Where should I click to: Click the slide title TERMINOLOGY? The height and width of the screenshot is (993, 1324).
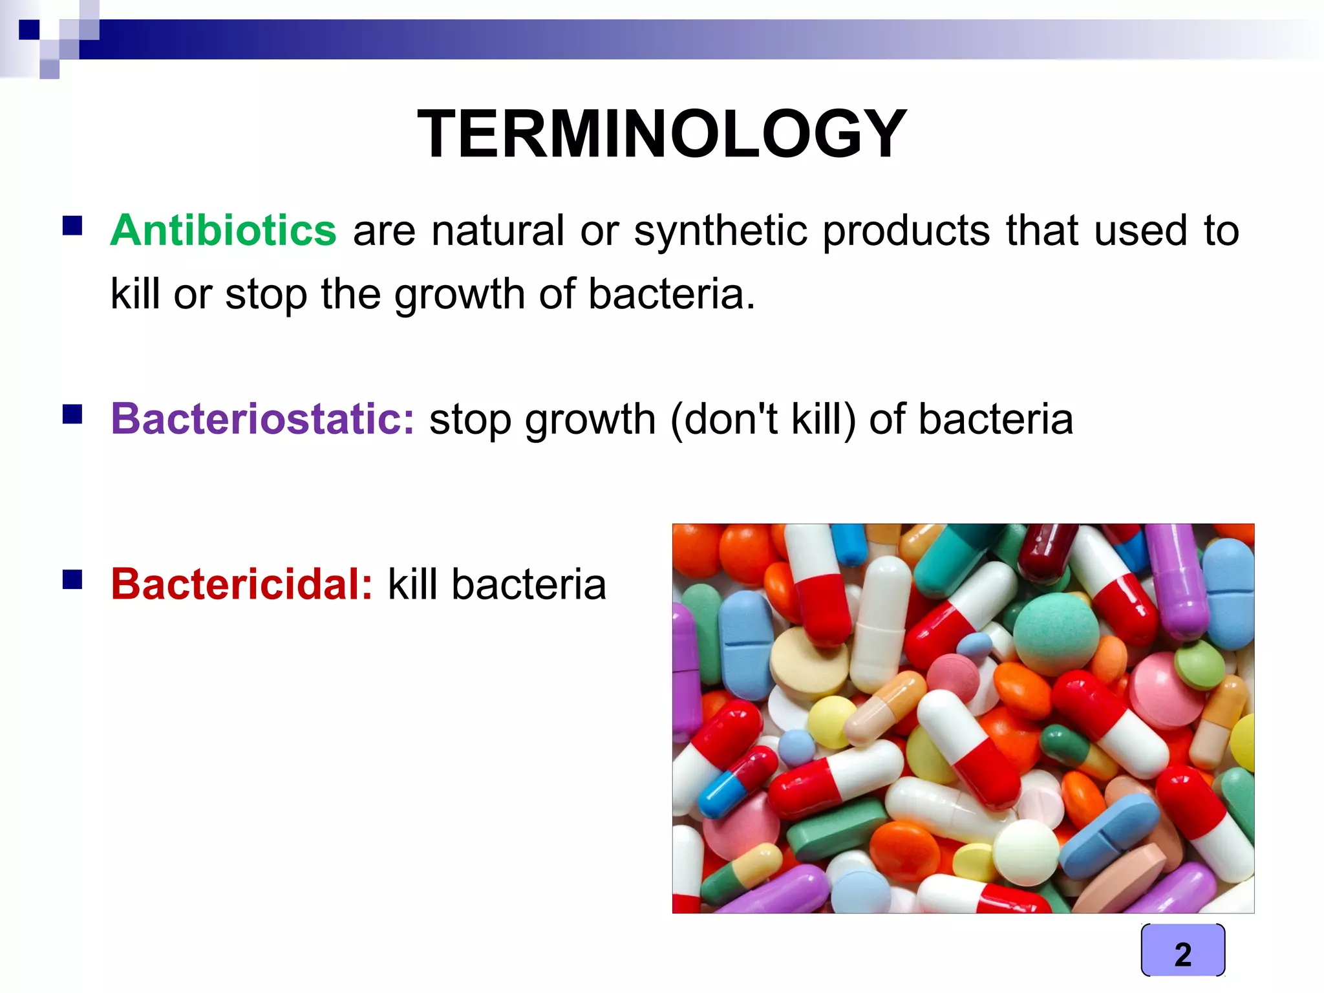coord(662,134)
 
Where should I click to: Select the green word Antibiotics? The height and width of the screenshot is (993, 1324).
coord(224,230)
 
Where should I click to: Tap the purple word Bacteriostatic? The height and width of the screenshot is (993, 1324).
coord(262,419)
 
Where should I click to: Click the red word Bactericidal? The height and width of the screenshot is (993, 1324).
coord(241,584)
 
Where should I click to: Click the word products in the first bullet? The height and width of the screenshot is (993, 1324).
coord(906,231)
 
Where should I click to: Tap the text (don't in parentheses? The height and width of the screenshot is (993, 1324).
coord(724,419)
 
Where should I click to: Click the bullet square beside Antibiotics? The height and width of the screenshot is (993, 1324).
coord(72,226)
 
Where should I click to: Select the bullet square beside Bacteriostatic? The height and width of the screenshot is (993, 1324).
coord(72,414)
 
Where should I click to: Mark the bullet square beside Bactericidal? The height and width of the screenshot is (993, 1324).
coord(72,579)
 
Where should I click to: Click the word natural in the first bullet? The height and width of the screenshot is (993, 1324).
coord(498,231)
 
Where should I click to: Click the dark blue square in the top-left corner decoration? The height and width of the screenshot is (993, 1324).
coord(29,30)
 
